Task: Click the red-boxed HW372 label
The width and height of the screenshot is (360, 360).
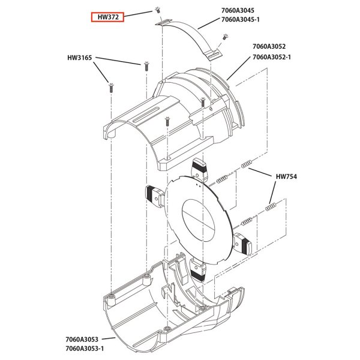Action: (x=107, y=17)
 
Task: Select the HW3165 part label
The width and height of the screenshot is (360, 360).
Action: (x=79, y=58)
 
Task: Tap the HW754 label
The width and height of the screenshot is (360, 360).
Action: (x=286, y=176)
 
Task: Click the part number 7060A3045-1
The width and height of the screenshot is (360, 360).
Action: (x=240, y=20)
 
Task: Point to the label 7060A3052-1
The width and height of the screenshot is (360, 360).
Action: (x=272, y=57)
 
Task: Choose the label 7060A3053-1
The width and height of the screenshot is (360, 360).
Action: (x=85, y=348)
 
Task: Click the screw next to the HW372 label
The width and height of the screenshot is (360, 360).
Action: (x=157, y=10)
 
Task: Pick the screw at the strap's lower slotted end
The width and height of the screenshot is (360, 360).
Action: (x=225, y=37)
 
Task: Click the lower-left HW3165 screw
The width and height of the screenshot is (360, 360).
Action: (x=111, y=88)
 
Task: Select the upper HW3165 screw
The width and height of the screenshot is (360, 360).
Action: (x=146, y=66)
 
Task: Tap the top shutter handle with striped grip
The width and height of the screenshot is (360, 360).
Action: (x=199, y=169)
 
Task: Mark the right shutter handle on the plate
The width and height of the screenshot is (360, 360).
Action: (x=242, y=244)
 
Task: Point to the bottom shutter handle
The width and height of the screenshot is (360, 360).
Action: (x=197, y=269)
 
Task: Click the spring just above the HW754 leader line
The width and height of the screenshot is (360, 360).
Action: (x=246, y=164)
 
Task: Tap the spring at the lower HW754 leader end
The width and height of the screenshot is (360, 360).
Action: (x=271, y=207)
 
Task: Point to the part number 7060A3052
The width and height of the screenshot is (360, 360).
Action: (x=269, y=46)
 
